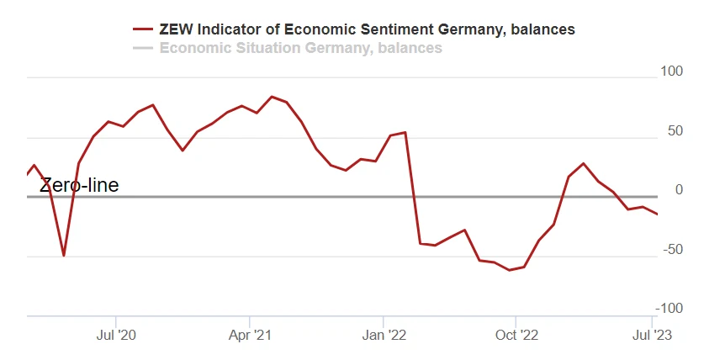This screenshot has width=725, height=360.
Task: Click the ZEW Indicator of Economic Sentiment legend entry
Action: [x=367, y=29]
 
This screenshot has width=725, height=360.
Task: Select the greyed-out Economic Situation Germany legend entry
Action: [x=300, y=48]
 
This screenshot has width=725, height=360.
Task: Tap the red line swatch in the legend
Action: [x=143, y=29]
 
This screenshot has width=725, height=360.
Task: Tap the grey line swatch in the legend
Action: [x=143, y=48]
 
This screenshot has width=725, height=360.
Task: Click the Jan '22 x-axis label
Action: [x=385, y=336]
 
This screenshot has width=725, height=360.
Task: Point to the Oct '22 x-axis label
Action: [x=517, y=336]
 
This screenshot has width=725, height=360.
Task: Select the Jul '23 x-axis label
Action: [x=651, y=336]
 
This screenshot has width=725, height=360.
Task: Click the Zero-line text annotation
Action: [x=80, y=185]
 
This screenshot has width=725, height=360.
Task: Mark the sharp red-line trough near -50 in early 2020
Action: [x=64, y=255]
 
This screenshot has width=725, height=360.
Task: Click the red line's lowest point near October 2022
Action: [x=510, y=270]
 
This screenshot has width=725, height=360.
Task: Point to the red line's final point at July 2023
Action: [x=658, y=214]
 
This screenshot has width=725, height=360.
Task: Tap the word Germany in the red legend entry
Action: [x=466, y=29]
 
